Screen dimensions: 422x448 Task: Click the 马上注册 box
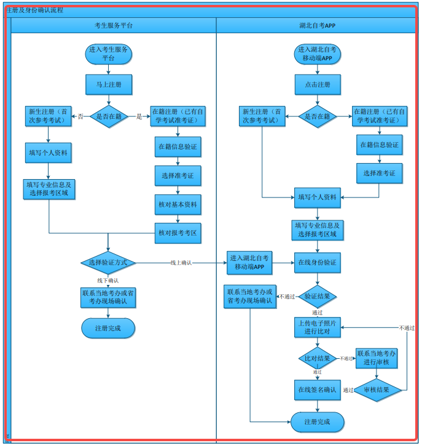[109, 84]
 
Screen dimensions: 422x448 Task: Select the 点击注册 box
[318, 84]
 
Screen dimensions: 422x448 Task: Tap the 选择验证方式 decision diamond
[108, 263]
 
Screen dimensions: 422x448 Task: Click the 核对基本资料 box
[178, 204]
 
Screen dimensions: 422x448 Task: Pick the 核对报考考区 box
[178, 233]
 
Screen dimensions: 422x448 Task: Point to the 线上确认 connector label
[181, 263]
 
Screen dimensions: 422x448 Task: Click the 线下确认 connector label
[107, 281]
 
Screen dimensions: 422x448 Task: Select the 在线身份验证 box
[318, 263]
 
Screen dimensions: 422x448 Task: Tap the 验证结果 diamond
[318, 296]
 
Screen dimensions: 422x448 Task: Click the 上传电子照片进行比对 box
[318, 327]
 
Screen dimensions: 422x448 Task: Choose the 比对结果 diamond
[318, 358]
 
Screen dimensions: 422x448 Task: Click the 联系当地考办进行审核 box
[377, 358]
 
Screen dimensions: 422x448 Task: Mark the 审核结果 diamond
[377, 390]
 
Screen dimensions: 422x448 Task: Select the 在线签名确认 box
[318, 390]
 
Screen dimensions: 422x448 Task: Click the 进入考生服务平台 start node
[108, 54]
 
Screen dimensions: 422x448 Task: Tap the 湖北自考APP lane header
[317, 25]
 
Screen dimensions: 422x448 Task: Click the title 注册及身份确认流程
[34, 10]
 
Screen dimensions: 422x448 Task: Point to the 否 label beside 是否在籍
[80, 116]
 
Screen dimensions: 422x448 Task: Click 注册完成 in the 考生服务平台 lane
[108, 328]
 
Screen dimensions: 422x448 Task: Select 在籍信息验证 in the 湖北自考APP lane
[380, 145]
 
